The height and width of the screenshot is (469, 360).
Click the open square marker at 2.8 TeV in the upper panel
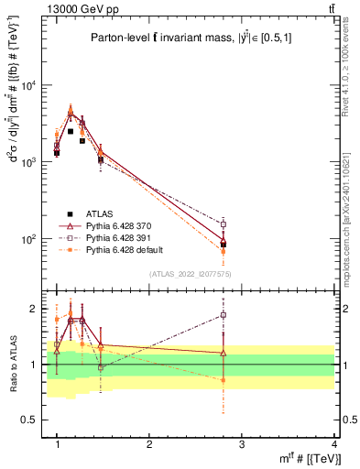(224, 224)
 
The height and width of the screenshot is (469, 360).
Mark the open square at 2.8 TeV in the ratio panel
(224, 315)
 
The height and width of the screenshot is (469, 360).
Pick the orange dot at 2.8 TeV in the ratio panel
(224, 380)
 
